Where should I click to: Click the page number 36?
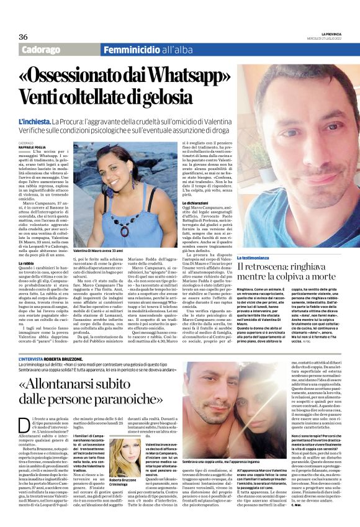tap(23, 37)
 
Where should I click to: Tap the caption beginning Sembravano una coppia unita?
tap(219, 446)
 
